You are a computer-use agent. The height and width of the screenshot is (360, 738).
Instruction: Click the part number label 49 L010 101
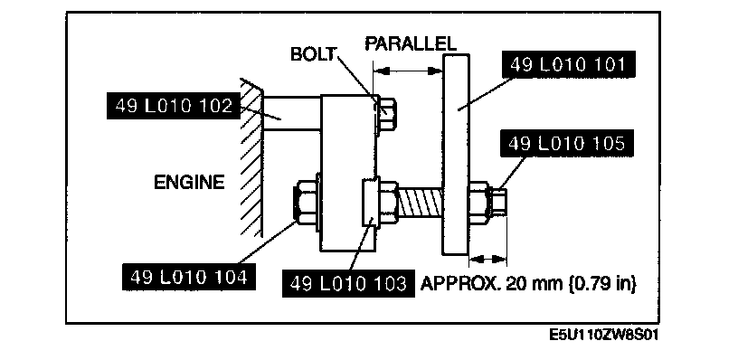[x=568, y=65]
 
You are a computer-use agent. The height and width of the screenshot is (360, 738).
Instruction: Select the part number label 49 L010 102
[x=174, y=106]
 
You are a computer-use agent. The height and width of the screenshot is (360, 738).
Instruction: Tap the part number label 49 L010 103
[x=348, y=283]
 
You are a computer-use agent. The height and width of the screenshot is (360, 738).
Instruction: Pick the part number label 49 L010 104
[x=189, y=277]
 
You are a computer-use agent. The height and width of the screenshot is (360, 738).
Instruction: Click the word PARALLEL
[x=411, y=43]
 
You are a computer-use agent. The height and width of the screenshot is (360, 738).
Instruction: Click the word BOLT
[x=313, y=54]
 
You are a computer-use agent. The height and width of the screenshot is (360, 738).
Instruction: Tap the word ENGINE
[x=189, y=182]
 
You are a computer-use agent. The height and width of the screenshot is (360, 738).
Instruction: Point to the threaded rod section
[x=421, y=201]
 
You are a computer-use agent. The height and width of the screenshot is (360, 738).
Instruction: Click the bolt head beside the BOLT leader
[x=386, y=115]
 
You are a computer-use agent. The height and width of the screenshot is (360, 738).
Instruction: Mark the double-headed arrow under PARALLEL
[x=408, y=71]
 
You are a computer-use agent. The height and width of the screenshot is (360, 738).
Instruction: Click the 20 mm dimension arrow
[x=488, y=259]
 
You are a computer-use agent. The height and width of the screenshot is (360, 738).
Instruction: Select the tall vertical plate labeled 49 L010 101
[x=456, y=155]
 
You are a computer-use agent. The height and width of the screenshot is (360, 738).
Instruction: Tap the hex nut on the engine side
[x=306, y=201]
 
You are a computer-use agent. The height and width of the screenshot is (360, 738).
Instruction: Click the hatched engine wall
[x=251, y=157]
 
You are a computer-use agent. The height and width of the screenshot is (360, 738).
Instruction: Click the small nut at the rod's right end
[x=498, y=201]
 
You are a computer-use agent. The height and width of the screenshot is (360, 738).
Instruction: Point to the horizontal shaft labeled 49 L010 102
[x=292, y=112]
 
